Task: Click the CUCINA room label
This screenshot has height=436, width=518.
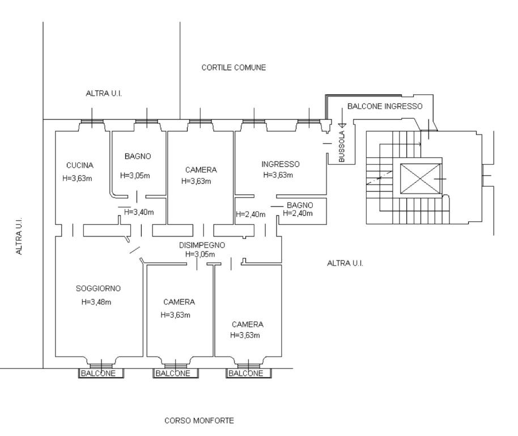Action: point(79,165)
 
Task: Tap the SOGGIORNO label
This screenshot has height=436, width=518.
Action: point(98,288)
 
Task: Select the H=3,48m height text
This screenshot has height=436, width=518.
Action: point(96,302)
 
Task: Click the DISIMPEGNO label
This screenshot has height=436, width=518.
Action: point(202,245)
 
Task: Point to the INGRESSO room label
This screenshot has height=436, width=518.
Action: point(281,164)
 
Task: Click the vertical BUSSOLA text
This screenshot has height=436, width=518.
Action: point(342,146)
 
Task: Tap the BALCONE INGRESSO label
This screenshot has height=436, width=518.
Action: point(385,106)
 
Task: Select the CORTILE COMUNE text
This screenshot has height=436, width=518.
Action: point(233,68)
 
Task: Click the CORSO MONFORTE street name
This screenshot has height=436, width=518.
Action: point(199,421)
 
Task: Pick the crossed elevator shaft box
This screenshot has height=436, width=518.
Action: point(420,179)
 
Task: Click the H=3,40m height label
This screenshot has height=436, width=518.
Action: point(139,212)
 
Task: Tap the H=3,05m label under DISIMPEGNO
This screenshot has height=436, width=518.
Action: point(200,254)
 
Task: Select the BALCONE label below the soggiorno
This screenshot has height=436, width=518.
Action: point(98,374)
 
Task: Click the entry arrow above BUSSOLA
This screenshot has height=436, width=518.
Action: point(342,118)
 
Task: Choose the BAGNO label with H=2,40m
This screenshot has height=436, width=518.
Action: point(300,205)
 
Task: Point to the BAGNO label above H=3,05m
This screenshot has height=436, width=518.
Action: point(138,156)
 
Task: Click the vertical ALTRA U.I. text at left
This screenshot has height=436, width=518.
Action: point(19,236)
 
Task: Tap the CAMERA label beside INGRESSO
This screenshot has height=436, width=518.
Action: point(201,170)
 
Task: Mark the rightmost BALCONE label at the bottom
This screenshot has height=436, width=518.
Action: point(246,374)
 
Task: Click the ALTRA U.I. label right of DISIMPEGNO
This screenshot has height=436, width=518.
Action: point(345,263)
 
